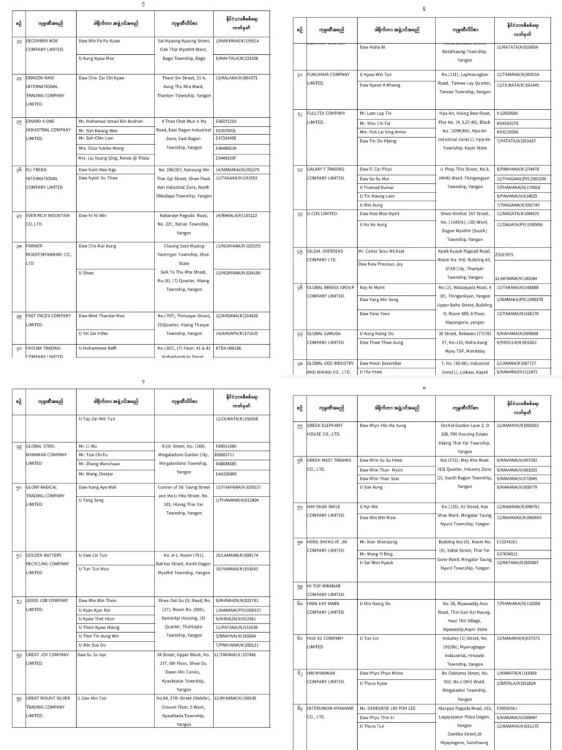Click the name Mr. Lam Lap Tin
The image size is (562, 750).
[375, 114]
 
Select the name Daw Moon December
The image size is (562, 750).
[381, 363]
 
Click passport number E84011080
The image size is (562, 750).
[227, 446]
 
